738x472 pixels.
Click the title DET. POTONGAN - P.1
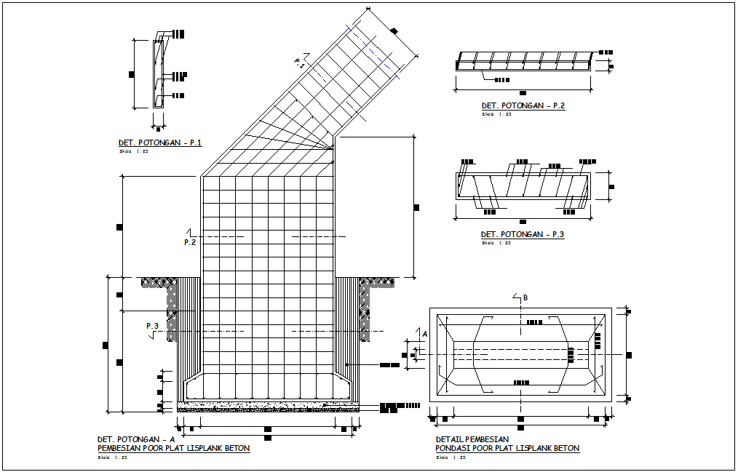[160, 143]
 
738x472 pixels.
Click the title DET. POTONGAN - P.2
[523, 105]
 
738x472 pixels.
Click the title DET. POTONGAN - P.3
[523, 234]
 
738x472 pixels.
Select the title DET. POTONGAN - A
[136, 439]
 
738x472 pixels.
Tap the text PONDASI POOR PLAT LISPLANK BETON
[507, 449]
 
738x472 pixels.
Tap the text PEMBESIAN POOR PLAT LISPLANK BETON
[173, 449]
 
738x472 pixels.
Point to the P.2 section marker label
[190, 242]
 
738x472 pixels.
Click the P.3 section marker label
[152, 326]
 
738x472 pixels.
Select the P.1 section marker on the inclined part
[299, 64]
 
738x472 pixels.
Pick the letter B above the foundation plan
[525, 297]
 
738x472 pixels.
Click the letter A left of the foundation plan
[424, 333]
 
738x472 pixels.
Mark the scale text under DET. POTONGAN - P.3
[496, 243]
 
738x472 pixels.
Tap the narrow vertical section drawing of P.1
[158, 73]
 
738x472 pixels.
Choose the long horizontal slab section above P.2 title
[524, 61]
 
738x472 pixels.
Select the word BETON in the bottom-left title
[237, 449]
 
